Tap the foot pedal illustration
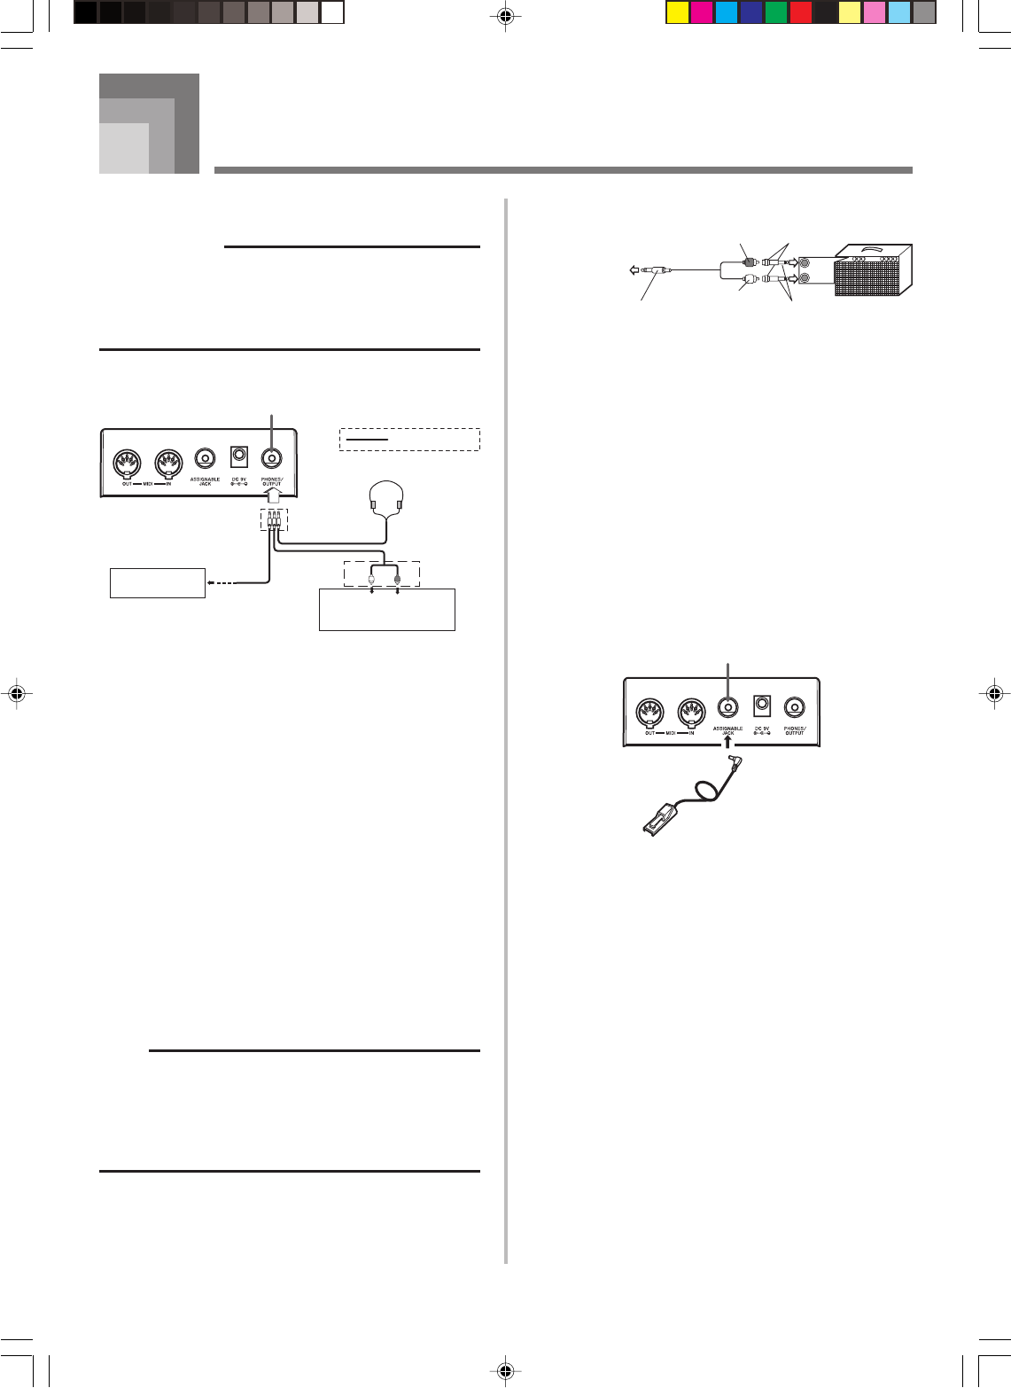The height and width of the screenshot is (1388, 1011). tap(659, 817)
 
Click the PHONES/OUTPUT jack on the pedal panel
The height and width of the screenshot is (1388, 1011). tap(795, 707)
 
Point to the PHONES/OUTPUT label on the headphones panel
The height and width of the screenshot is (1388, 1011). tap(271, 484)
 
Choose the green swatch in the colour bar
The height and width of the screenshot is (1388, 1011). tap(775, 12)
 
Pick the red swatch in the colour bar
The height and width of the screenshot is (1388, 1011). tap(800, 12)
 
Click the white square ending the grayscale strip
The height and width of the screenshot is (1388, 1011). tap(332, 12)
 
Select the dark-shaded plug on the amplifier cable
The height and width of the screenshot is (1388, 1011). tap(749, 262)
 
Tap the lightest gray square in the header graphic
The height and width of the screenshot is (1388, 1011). tap(123, 148)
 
